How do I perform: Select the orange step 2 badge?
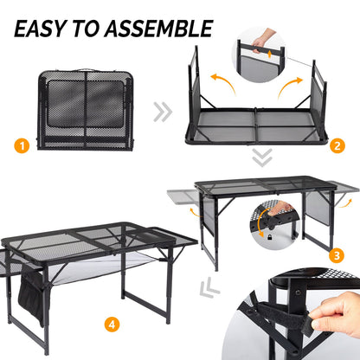coord(337,146)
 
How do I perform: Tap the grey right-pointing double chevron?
coord(162,111)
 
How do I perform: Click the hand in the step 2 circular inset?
coord(265,39)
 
